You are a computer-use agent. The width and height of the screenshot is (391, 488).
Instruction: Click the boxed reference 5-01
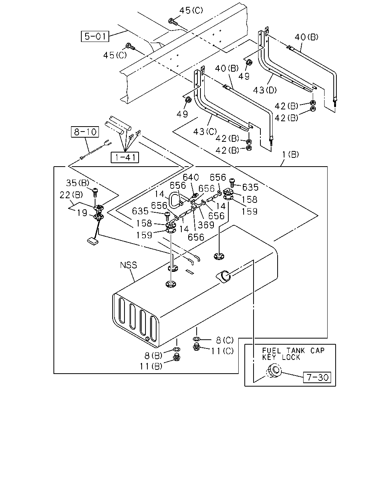tap(95, 36)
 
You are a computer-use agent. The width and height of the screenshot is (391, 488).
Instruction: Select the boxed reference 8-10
tap(85, 132)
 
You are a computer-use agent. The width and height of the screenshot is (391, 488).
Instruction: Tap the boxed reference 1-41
tap(125, 157)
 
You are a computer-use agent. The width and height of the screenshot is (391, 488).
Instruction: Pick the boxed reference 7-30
tap(317, 377)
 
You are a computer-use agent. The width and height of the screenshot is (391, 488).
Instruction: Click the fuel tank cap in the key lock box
tap(273, 371)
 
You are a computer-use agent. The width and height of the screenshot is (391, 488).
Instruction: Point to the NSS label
tap(128, 265)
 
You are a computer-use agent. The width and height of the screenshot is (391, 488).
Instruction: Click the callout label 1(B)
tap(290, 154)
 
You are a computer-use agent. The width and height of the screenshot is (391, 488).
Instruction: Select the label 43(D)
tap(265, 90)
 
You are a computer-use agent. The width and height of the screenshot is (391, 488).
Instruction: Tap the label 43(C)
tap(205, 132)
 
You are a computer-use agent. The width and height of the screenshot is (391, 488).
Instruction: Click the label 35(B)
tap(78, 183)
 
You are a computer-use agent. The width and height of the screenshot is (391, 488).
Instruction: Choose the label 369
tap(206, 225)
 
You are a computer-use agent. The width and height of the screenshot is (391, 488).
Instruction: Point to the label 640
tap(191, 177)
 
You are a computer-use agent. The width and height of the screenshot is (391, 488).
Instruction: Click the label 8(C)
tap(225, 340)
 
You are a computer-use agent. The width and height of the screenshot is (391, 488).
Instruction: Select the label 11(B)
tap(151, 366)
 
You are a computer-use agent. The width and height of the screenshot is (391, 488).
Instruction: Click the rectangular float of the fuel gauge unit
tap(93, 241)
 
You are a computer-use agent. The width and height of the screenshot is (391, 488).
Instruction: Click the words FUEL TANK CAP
tap(293, 351)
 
